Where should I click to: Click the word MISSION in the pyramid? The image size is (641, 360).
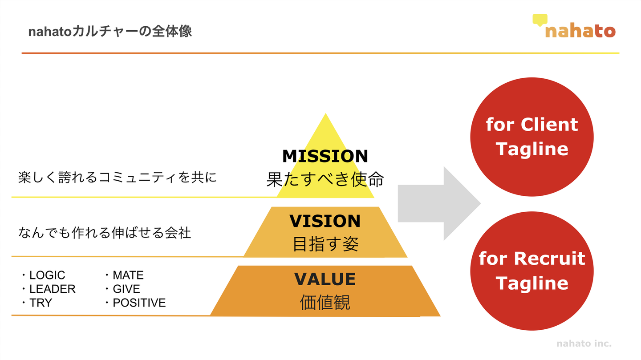[x=325, y=156]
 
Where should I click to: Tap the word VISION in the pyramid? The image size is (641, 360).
[x=325, y=221]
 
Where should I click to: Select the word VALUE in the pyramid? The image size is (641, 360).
[x=325, y=279]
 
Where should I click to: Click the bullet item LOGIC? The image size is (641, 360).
[x=47, y=275]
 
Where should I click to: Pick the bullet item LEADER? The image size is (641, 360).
[x=52, y=289]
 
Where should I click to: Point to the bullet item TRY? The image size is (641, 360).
[x=41, y=303]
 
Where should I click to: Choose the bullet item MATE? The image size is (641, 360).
[x=128, y=275]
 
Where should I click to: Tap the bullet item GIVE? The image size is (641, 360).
[x=126, y=289]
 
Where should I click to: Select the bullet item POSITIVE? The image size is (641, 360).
[x=139, y=303]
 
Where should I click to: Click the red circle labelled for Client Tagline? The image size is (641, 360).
[x=532, y=137]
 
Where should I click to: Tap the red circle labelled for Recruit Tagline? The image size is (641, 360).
[x=532, y=271]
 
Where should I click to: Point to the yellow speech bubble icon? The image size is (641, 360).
[x=540, y=20]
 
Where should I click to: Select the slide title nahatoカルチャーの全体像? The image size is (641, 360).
[x=110, y=32]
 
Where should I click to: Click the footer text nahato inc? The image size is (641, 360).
[x=584, y=344]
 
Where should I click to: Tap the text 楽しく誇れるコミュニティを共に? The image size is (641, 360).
[x=118, y=178]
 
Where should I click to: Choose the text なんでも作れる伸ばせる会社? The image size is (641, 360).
[x=105, y=232]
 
